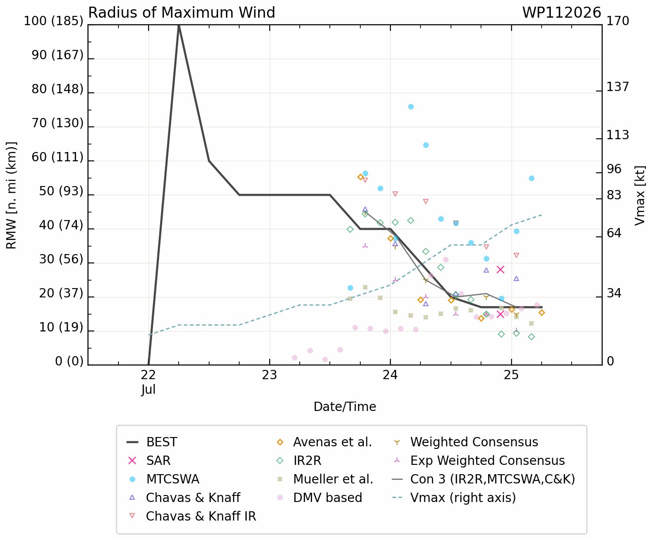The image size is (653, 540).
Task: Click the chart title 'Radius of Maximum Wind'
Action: click(x=181, y=13)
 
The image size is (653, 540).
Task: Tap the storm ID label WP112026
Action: click(x=561, y=13)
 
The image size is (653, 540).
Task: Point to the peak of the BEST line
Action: click(x=179, y=25)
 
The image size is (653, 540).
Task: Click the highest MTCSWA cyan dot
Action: click(x=411, y=106)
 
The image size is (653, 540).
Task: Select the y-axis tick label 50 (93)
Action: click(x=61, y=191)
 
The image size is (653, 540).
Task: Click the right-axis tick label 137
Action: click(x=618, y=87)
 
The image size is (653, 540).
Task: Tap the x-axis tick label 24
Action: click(x=390, y=375)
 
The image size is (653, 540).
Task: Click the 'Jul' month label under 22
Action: click(x=148, y=390)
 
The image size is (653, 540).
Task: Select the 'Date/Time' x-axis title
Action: click(x=345, y=407)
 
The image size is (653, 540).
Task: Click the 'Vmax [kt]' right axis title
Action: click(x=640, y=195)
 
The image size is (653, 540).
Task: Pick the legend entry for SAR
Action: click(x=149, y=460)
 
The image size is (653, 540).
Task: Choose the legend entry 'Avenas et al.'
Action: click(x=324, y=442)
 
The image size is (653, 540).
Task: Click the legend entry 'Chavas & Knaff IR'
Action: click(x=193, y=516)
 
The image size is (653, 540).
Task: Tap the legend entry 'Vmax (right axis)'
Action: click(x=454, y=498)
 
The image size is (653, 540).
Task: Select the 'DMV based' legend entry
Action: click(x=319, y=498)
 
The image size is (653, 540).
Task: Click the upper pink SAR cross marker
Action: click(x=500, y=270)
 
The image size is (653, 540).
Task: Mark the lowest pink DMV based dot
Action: click(x=325, y=360)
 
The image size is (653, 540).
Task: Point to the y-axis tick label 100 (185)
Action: click(x=54, y=21)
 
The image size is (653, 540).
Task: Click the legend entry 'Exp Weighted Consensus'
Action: click(x=479, y=460)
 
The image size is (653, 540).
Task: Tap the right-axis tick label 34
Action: click(x=614, y=293)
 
